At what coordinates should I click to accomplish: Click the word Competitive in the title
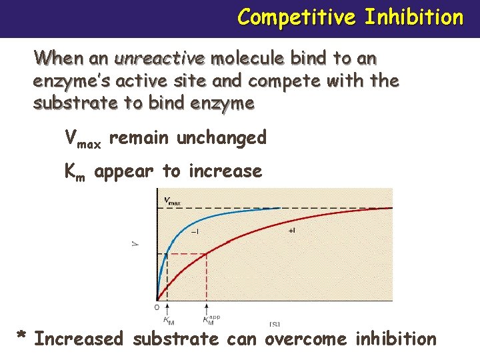(x=295, y=17)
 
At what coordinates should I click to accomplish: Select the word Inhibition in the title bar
(x=413, y=17)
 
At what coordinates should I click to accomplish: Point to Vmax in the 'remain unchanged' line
(x=83, y=139)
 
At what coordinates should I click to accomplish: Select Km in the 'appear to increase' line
(x=75, y=172)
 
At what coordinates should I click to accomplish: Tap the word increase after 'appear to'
(x=225, y=171)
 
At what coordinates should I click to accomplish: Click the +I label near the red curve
(x=291, y=231)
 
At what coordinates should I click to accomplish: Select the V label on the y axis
(x=137, y=244)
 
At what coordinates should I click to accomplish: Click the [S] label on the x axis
(x=274, y=324)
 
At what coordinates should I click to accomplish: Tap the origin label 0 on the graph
(x=157, y=307)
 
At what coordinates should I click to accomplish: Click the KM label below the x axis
(x=169, y=321)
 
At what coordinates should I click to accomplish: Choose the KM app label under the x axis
(x=211, y=321)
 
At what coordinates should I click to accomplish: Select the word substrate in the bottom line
(x=175, y=339)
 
